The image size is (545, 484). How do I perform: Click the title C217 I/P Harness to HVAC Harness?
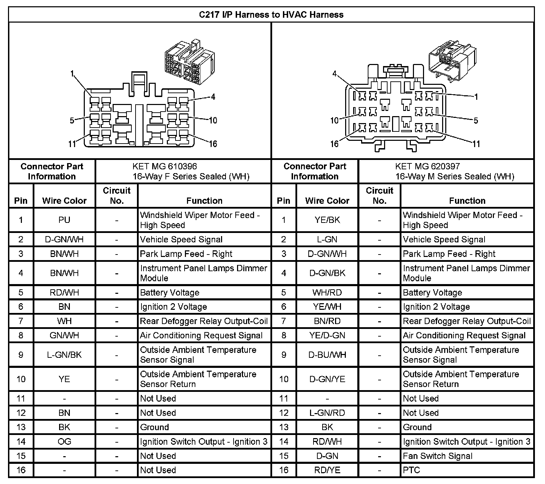click(271, 15)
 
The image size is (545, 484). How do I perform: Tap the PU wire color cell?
click(64, 220)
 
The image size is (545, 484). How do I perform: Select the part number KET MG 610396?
click(165, 166)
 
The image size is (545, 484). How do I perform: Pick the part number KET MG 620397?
click(427, 166)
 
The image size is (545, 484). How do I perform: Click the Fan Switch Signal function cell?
click(437, 456)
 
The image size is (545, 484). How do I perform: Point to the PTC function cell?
click(412, 470)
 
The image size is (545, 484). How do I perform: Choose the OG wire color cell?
click(64, 442)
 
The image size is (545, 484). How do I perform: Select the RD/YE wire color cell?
click(327, 470)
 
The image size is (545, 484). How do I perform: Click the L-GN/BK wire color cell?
click(64, 355)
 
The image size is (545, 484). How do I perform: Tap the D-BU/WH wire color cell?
click(327, 355)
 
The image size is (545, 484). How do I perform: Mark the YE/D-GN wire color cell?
click(327, 336)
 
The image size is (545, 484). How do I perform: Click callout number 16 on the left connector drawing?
click(213, 144)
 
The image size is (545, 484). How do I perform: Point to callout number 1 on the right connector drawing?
click(476, 97)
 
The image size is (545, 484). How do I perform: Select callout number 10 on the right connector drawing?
click(334, 120)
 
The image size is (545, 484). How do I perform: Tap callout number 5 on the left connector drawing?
click(72, 121)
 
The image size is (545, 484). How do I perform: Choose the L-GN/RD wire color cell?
click(327, 413)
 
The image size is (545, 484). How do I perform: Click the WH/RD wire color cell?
click(327, 292)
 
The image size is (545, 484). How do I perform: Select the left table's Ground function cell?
click(154, 427)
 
